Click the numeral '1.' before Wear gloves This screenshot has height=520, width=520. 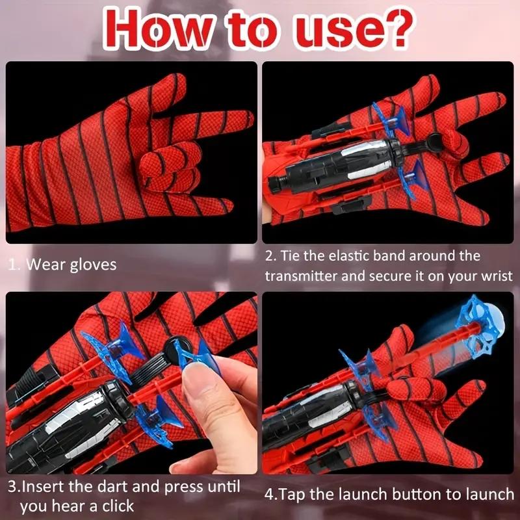(14, 265)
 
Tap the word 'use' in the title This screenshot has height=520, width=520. (325, 28)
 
